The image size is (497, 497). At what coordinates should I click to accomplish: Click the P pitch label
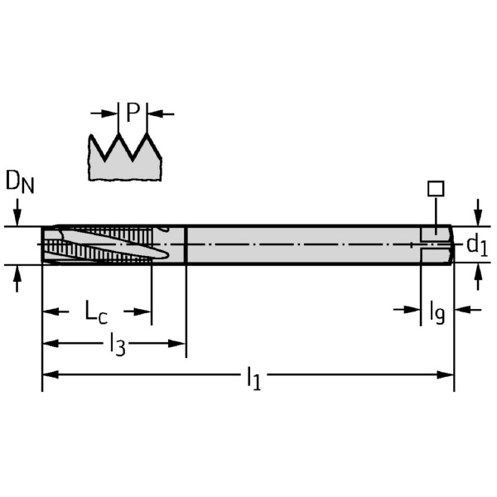[133, 112]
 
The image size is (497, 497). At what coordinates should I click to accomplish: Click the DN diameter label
[20, 181]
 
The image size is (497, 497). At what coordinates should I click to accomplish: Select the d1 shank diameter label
[477, 245]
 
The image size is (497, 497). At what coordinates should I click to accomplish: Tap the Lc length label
[96, 312]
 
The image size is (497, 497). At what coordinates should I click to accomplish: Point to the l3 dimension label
[118, 345]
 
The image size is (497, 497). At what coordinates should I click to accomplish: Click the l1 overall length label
[254, 379]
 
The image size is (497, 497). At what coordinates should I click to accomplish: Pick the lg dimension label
[437, 312]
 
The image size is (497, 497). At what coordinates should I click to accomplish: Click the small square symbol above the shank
[436, 189]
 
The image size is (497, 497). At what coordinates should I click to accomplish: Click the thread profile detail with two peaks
[125, 157]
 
